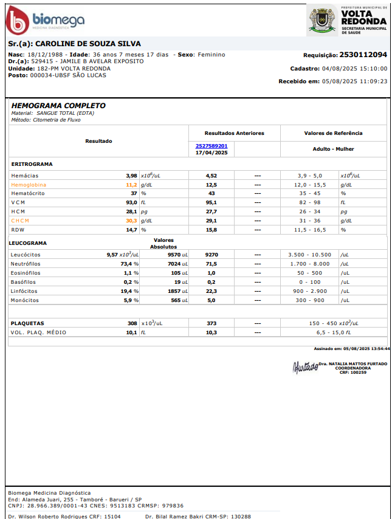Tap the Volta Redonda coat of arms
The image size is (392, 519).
320,19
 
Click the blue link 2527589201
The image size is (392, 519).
211,146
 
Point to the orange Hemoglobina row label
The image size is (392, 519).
29,184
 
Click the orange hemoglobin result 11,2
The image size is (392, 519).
131,184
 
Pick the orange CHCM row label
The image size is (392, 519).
20,221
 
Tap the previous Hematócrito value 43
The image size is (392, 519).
211,193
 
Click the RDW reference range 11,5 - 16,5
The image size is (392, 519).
310,230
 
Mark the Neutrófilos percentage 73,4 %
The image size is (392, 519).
129,264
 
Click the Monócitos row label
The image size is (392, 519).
25,300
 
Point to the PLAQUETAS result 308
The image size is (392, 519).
132,323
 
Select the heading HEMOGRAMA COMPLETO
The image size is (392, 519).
58,106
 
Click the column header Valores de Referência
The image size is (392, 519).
333,133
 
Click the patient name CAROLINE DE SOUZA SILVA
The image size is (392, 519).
88,44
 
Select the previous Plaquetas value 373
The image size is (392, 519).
211,323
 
